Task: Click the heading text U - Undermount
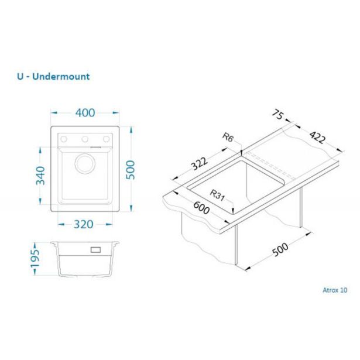[x=54, y=77]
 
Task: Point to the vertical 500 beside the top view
[x=131, y=169]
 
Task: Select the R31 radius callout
[x=218, y=195]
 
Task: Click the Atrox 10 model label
[x=334, y=289]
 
